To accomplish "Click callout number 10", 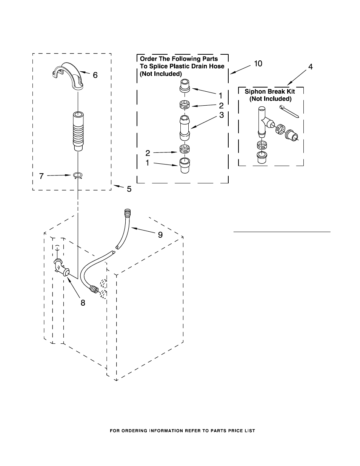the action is [258, 63].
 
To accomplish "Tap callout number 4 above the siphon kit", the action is [310, 67].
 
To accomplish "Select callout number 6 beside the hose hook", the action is [95, 75].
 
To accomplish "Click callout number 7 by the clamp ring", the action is [42, 176].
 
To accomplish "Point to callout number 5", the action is [129, 189].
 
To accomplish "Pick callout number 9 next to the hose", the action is [160, 235].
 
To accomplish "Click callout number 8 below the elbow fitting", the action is [83, 303].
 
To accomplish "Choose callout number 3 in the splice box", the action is [222, 115].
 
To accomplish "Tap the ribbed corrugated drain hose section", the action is [78, 131].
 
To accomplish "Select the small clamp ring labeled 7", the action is [78, 175].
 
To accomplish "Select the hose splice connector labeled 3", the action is [185, 128].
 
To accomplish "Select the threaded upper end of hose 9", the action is [128, 212].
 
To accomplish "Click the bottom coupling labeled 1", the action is [185, 166].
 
